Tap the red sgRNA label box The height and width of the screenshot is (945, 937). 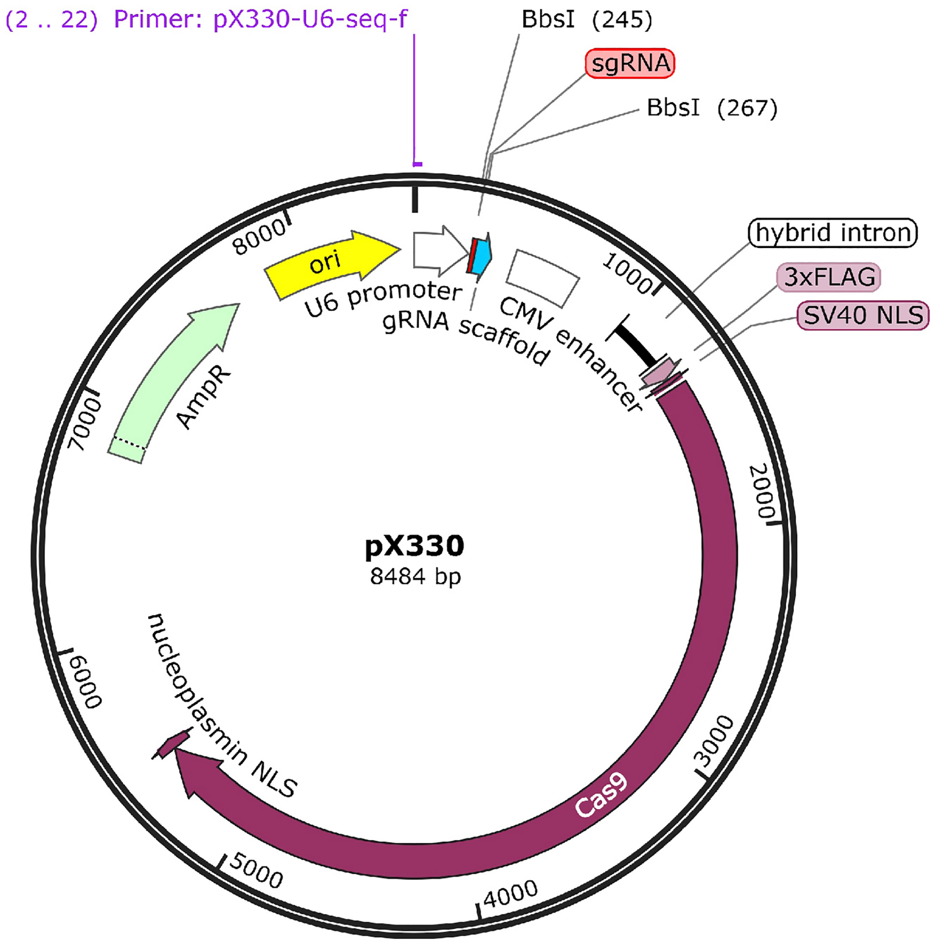[x=629, y=64]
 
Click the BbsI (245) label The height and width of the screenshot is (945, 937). [x=587, y=20]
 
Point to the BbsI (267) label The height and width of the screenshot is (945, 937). [x=712, y=108]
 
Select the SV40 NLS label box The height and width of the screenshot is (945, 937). [x=863, y=315]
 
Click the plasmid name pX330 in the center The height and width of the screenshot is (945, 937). [x=414, y=545]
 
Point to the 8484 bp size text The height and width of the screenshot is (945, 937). [x=415, y=577]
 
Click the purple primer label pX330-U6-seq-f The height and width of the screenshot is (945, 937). [x=260, y=20]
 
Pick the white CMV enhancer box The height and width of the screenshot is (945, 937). [x=543, y=278]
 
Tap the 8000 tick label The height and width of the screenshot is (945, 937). [x=260, y=237]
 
